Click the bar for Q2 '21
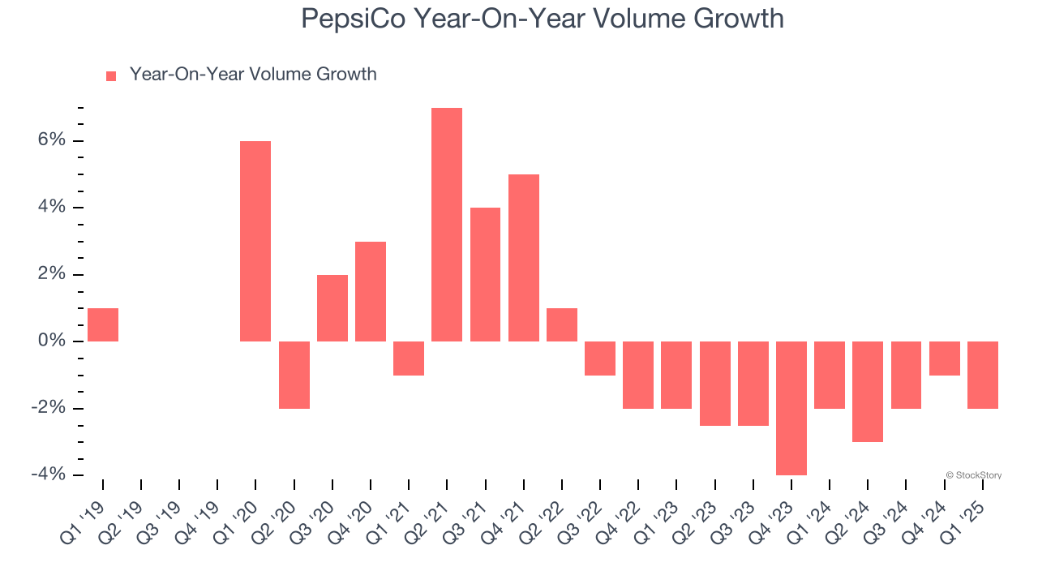(447, 225)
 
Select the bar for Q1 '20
(255, 241)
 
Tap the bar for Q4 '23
(791, 408)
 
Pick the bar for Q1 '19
(103, 324)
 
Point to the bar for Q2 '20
(294, 375)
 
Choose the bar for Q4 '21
(524, 258)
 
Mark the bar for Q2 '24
(868, 392)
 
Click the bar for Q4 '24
(945, 359)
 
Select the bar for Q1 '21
(409, 359)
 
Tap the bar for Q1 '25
(983, 375)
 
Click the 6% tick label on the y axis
(50, 140)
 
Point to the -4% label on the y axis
(48, 474)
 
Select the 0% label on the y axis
(50, 341)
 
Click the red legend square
(111, 76)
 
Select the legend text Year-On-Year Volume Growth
(253, 75)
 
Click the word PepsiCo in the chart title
(354, 18)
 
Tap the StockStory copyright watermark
(973, 475)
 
